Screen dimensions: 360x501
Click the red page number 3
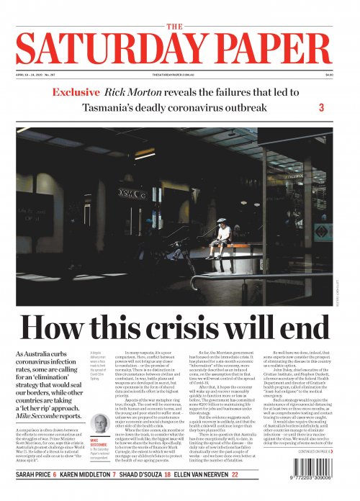[321, 108]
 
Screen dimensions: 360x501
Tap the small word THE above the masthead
[179, 26]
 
